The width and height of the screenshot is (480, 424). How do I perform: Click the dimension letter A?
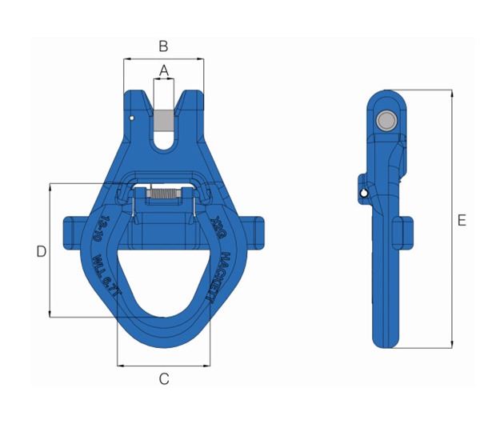point(164,70)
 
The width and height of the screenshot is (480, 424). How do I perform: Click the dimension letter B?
point(163,46)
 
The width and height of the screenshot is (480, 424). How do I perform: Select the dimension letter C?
point(164,379)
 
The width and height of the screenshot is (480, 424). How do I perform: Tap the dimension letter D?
point(41,251)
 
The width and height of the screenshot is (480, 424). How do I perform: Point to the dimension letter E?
point(462,221)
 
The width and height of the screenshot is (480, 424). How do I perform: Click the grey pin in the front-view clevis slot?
point(164,119)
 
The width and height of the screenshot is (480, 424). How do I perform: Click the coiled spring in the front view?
point(164,193)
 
